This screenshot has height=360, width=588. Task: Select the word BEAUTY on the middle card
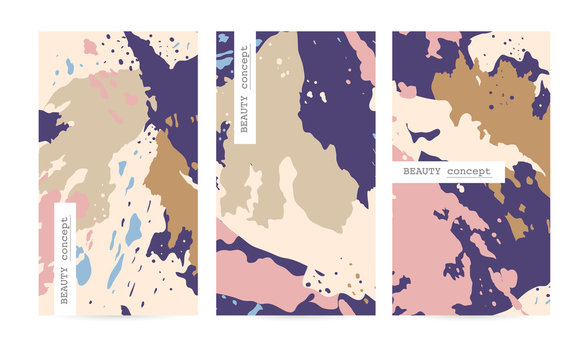coord(244,107)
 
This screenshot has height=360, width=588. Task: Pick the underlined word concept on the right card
coord(468,172)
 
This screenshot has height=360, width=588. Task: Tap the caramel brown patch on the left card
coord(173,190)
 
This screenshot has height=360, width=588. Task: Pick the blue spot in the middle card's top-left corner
coord(223,40)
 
